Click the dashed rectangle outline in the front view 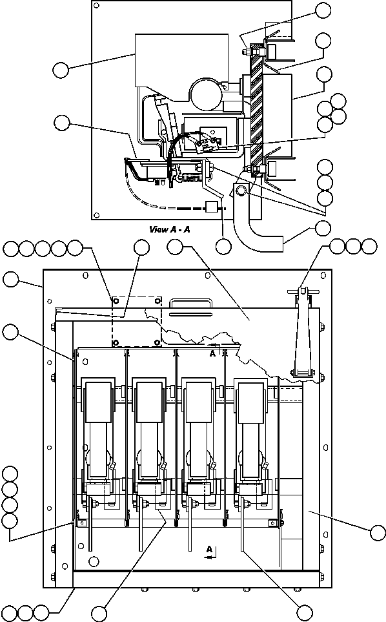tap(136, 321)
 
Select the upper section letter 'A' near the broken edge tap(212, 353)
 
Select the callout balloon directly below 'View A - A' tap(224, 246)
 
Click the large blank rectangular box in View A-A tap(181, 59)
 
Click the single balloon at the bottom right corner tap(305, 612)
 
